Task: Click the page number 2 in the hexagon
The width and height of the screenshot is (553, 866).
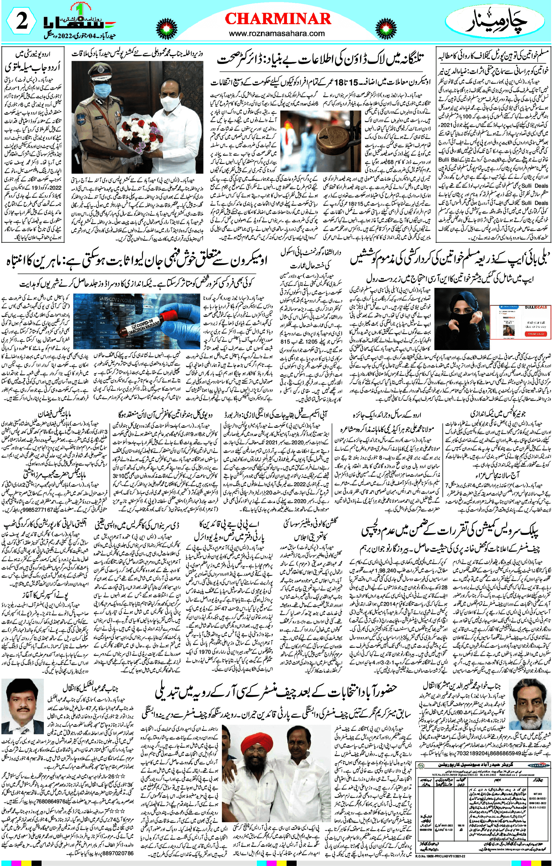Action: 22,23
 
